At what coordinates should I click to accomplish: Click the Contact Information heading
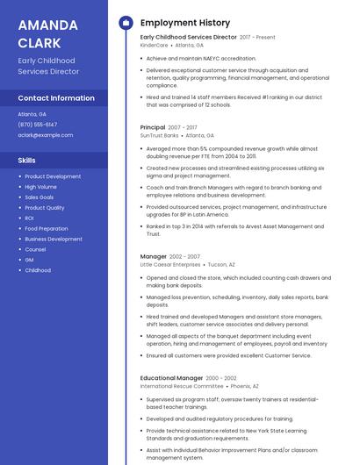point(56,98)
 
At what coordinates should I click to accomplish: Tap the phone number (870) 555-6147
point(38,125)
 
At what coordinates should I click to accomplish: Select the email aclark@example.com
point(46,135)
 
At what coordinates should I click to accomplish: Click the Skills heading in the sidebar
point(27,161)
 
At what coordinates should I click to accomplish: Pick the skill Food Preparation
point(47,228)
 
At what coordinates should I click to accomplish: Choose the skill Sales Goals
point(40,197)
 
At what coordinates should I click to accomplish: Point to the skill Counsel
point(35,249)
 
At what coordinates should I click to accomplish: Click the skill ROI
point(29,218)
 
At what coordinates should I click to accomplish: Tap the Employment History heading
point(185,23)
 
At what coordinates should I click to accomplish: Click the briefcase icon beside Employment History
point(126,23)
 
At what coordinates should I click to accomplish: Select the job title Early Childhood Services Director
point(188,38)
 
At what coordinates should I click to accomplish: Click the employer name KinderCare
point(154,45)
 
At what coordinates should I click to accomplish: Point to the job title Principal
point(153,127)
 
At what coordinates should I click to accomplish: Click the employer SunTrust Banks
point(159,135)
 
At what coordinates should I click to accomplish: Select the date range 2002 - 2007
point(184,256)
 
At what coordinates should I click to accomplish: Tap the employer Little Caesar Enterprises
point(170,264)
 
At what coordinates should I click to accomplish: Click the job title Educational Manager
point(170,377)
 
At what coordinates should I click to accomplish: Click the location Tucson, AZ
point(221,264)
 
